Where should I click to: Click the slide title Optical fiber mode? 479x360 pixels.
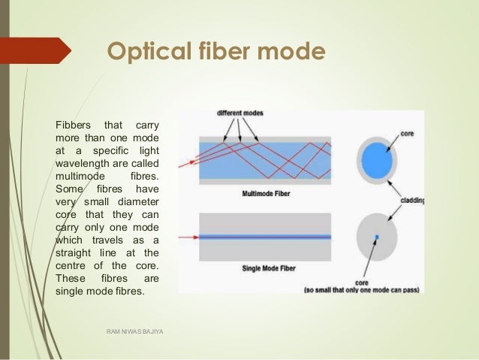(217, 52)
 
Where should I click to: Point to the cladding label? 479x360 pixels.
(410, 201)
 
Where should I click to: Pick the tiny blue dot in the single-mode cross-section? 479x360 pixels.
(378, 237)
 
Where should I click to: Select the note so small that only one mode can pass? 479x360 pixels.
(363, 290)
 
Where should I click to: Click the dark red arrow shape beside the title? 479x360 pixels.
(34, 51)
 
